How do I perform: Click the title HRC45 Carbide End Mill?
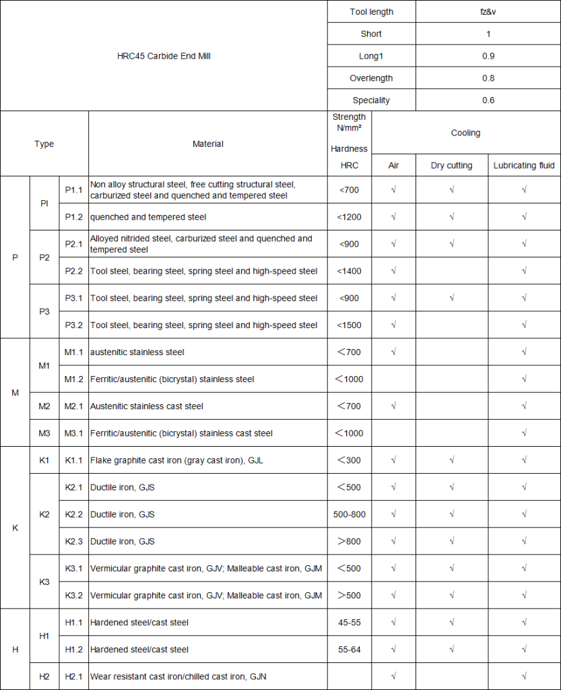tap(164, 56)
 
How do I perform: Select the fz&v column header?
tap(488, 11)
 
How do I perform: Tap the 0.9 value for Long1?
tap(488, 56)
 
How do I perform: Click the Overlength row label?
tap(371, 78)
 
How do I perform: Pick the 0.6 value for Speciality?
tap(488, 100)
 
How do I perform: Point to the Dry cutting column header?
tap(451, 165)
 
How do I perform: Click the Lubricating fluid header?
tap(524, 165)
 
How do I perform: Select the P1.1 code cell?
tap(73, 190)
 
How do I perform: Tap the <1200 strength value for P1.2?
tap(350, 217)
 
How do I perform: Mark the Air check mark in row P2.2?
tap(393, 271)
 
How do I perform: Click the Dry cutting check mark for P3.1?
tap(451, 298)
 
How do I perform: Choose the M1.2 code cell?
tap(73, 379)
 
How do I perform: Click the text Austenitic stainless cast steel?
tap(147, 406)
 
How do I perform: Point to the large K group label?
tap(15, 528)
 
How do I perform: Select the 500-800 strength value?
tap(350, 514)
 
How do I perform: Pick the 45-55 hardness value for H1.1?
tap(350, 622)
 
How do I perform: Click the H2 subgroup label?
tap(44, 676)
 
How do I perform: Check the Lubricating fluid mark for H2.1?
tap(524, 676)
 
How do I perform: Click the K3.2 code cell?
tap(73, 595)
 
